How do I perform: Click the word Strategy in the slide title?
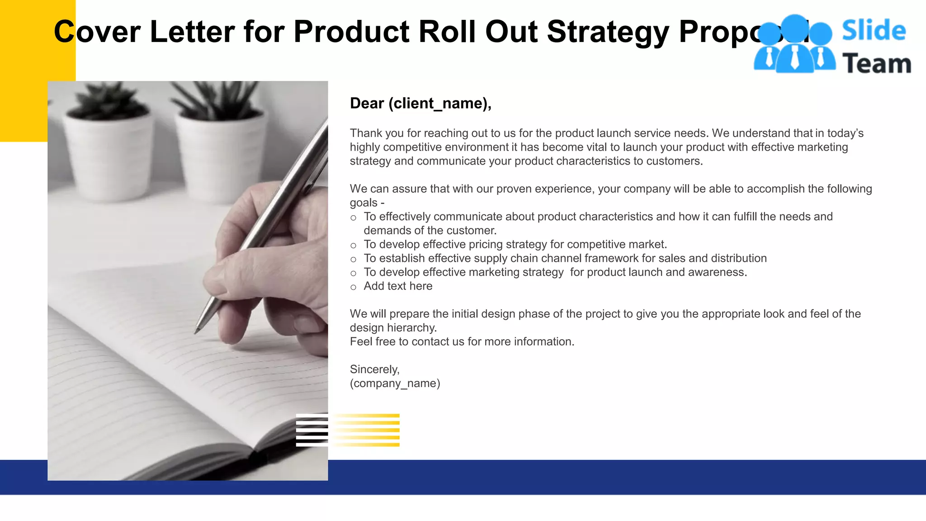608,33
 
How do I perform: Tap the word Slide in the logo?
874,31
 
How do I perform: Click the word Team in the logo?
876,63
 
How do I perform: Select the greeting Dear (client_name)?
420,104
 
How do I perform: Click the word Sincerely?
374,369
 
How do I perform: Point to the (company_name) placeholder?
395,384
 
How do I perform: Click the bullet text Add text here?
398,286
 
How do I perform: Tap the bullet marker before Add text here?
353,287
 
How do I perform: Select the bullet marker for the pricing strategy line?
353,246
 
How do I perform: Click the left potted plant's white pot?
109,149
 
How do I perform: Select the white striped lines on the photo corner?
312,430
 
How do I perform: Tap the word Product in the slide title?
351,33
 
